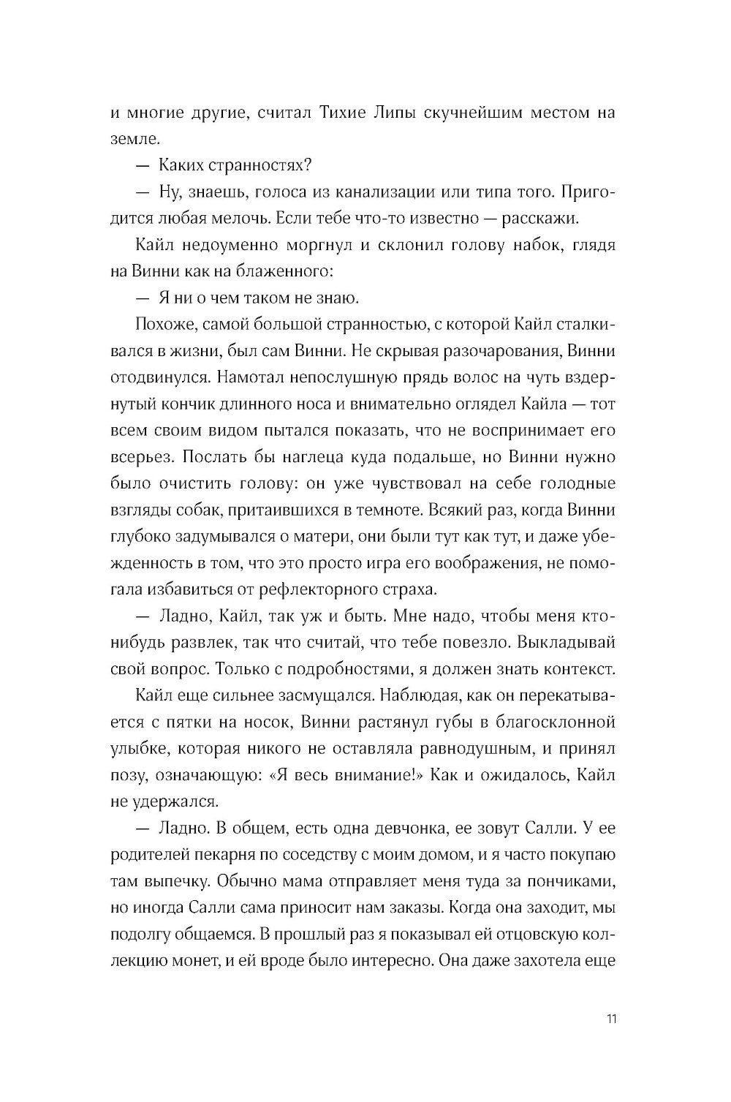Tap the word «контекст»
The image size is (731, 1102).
(577, 668)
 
